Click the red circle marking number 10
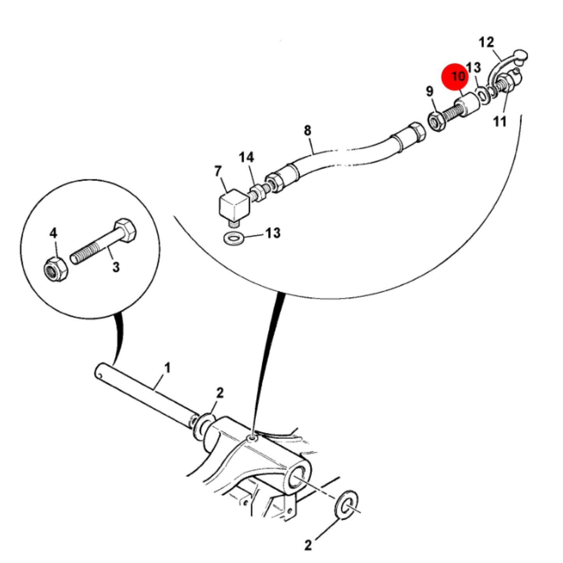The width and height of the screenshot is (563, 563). (455, 76)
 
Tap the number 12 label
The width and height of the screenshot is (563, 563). (486, 42)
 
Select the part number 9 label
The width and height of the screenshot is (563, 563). (429, 92)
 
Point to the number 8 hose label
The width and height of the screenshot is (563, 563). (307, 130)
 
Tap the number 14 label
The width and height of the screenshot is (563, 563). (246, 157)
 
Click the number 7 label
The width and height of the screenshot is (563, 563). (218, 171)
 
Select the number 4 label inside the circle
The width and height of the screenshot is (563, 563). (53, 233)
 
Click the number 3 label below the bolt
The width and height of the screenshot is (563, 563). (116, 267)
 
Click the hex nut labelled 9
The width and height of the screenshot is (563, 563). (436, 122)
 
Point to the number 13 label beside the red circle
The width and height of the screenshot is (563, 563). (473, 67)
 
